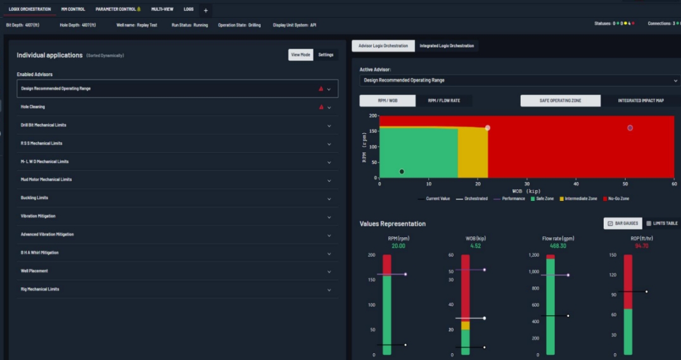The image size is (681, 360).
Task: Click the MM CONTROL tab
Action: click(73, 10)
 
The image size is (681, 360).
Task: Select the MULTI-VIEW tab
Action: click(162, 10)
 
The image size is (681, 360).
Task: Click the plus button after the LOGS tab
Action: click(205, 10)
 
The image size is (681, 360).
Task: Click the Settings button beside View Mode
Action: click(326, 55)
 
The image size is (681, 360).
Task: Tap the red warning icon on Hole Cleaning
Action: click(321, 107)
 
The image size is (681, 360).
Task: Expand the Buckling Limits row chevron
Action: click(329, 198)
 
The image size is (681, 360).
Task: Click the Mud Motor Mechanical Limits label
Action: click(46, 179)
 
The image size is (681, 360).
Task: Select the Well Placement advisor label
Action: click(34, 271)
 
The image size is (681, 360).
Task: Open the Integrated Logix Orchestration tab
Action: click(447, 46)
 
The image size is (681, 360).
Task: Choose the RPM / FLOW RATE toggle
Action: click(443, 101)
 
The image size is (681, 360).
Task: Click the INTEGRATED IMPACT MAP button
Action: click(640, 101)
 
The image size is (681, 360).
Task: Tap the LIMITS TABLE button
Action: click(662, 223)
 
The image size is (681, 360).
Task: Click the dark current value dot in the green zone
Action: click(402, 172)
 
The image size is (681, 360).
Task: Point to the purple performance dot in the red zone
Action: click(630, 128)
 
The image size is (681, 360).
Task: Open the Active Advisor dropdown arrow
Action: click(676, 80)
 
